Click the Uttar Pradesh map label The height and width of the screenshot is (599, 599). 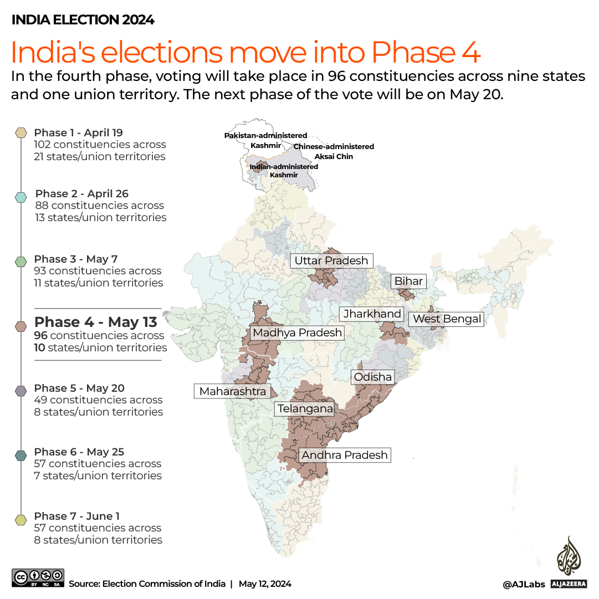pyautogui.click(x=331, y=260)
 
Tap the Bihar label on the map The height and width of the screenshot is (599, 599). pyautogui.click(x=408, y=281)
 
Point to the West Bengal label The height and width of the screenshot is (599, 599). pyautogui.click(x=447, y=319)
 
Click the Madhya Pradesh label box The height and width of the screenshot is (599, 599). pyautogui.click(x=297, y=333)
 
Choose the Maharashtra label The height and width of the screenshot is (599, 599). pyautogui.click(x=232, y=392)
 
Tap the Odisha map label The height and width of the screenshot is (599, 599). pyautogui.click(x=373, y=377)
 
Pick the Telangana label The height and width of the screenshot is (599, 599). pyautogui.click(x=305, y=409)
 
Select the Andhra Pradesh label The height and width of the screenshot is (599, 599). pyautogui.click(x=344, y=455)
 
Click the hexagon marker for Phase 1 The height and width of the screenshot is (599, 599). pyautogui.click(x=22, y=133)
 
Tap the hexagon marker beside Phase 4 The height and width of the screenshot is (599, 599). pyautogui.click(x=22, y=326)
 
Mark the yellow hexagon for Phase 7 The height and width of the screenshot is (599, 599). pyautogui.click(x=22, y=520)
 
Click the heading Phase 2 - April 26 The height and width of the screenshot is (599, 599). pyautogui.click(x=81, y=194)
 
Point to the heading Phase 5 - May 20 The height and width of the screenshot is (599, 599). pyautogui.click(x=79, y=388)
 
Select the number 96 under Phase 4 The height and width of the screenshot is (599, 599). pyautogui.click(x=41, y=336)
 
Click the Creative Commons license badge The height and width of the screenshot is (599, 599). pyautogui.click(x=38, y=578)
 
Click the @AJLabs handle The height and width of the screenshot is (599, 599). pyautogui.click(x=524, y=584)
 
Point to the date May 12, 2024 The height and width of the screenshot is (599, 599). pyautogui.click(x=265, y=584)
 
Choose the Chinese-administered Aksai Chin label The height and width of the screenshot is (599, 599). pyautogui.click(x=334, y=151)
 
